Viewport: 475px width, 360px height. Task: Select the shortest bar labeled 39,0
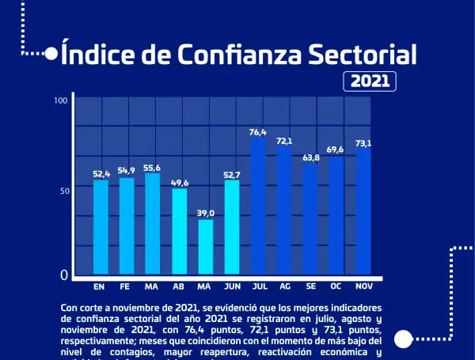coord(205,248)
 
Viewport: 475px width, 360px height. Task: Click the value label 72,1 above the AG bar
coord(284,141)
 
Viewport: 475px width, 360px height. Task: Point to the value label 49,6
coord(180,182)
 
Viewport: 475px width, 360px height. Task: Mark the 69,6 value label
coord(336,150)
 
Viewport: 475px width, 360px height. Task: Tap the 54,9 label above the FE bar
coord(127,171)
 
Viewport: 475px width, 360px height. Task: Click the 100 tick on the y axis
coord(60,100)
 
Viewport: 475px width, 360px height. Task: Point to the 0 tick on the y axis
coord(64,276)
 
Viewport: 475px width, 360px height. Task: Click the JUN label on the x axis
coord(232,286)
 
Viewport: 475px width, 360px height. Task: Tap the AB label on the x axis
coord(179,286)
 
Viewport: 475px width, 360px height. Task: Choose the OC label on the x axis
coord(336,286)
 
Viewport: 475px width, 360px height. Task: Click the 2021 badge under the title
coord(370,81)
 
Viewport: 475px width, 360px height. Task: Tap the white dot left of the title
coord(51,55)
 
